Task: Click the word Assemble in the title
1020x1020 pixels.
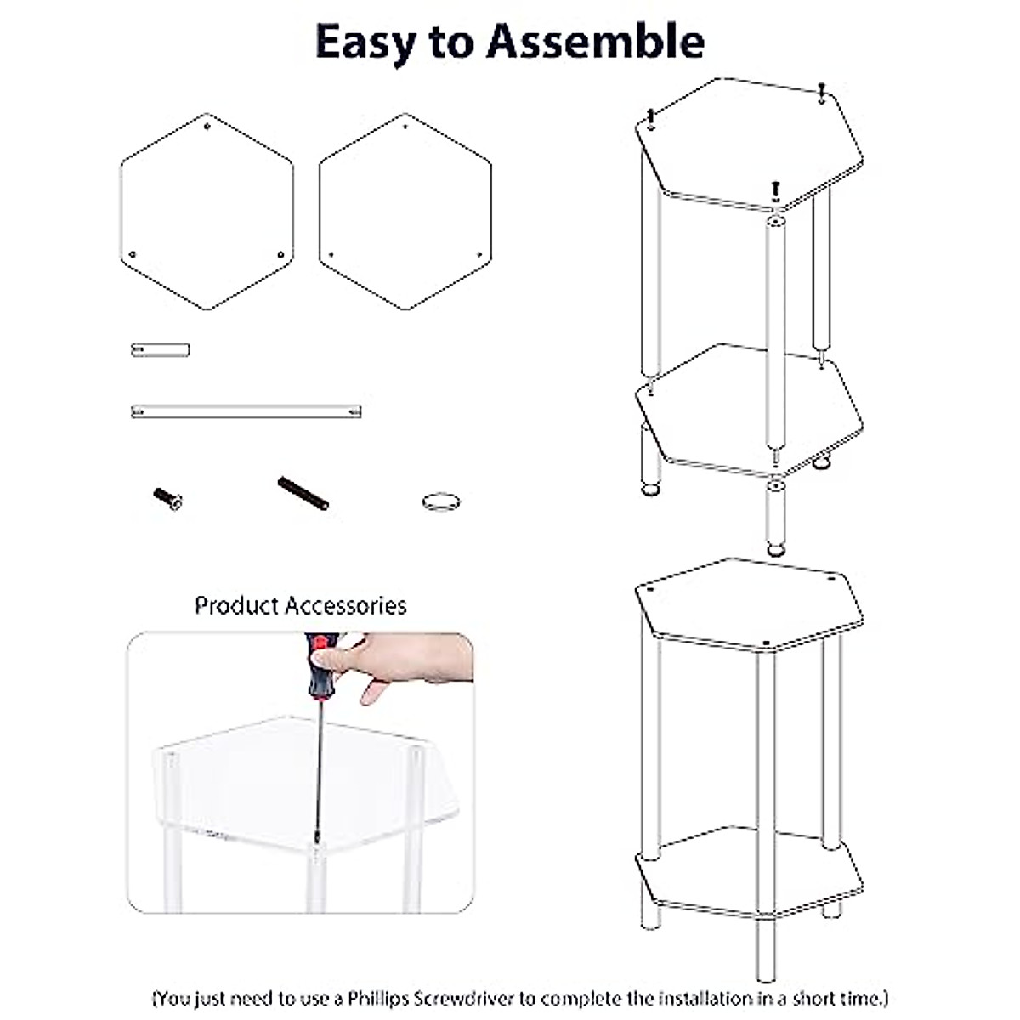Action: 594,41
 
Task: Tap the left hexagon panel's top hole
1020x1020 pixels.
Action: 207,127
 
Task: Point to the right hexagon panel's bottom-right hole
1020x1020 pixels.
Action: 480,254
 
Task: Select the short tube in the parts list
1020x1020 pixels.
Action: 161,349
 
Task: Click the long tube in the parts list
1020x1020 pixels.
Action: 246,411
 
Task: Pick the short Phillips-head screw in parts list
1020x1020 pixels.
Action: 168,498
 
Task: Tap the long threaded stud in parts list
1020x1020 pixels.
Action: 303,493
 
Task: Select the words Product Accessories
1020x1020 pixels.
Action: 300,605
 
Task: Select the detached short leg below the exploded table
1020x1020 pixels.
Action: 775,517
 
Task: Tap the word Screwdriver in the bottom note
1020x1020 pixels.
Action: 535,998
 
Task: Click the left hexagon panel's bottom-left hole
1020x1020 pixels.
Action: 132,253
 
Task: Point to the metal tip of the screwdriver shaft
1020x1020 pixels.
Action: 317,837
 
